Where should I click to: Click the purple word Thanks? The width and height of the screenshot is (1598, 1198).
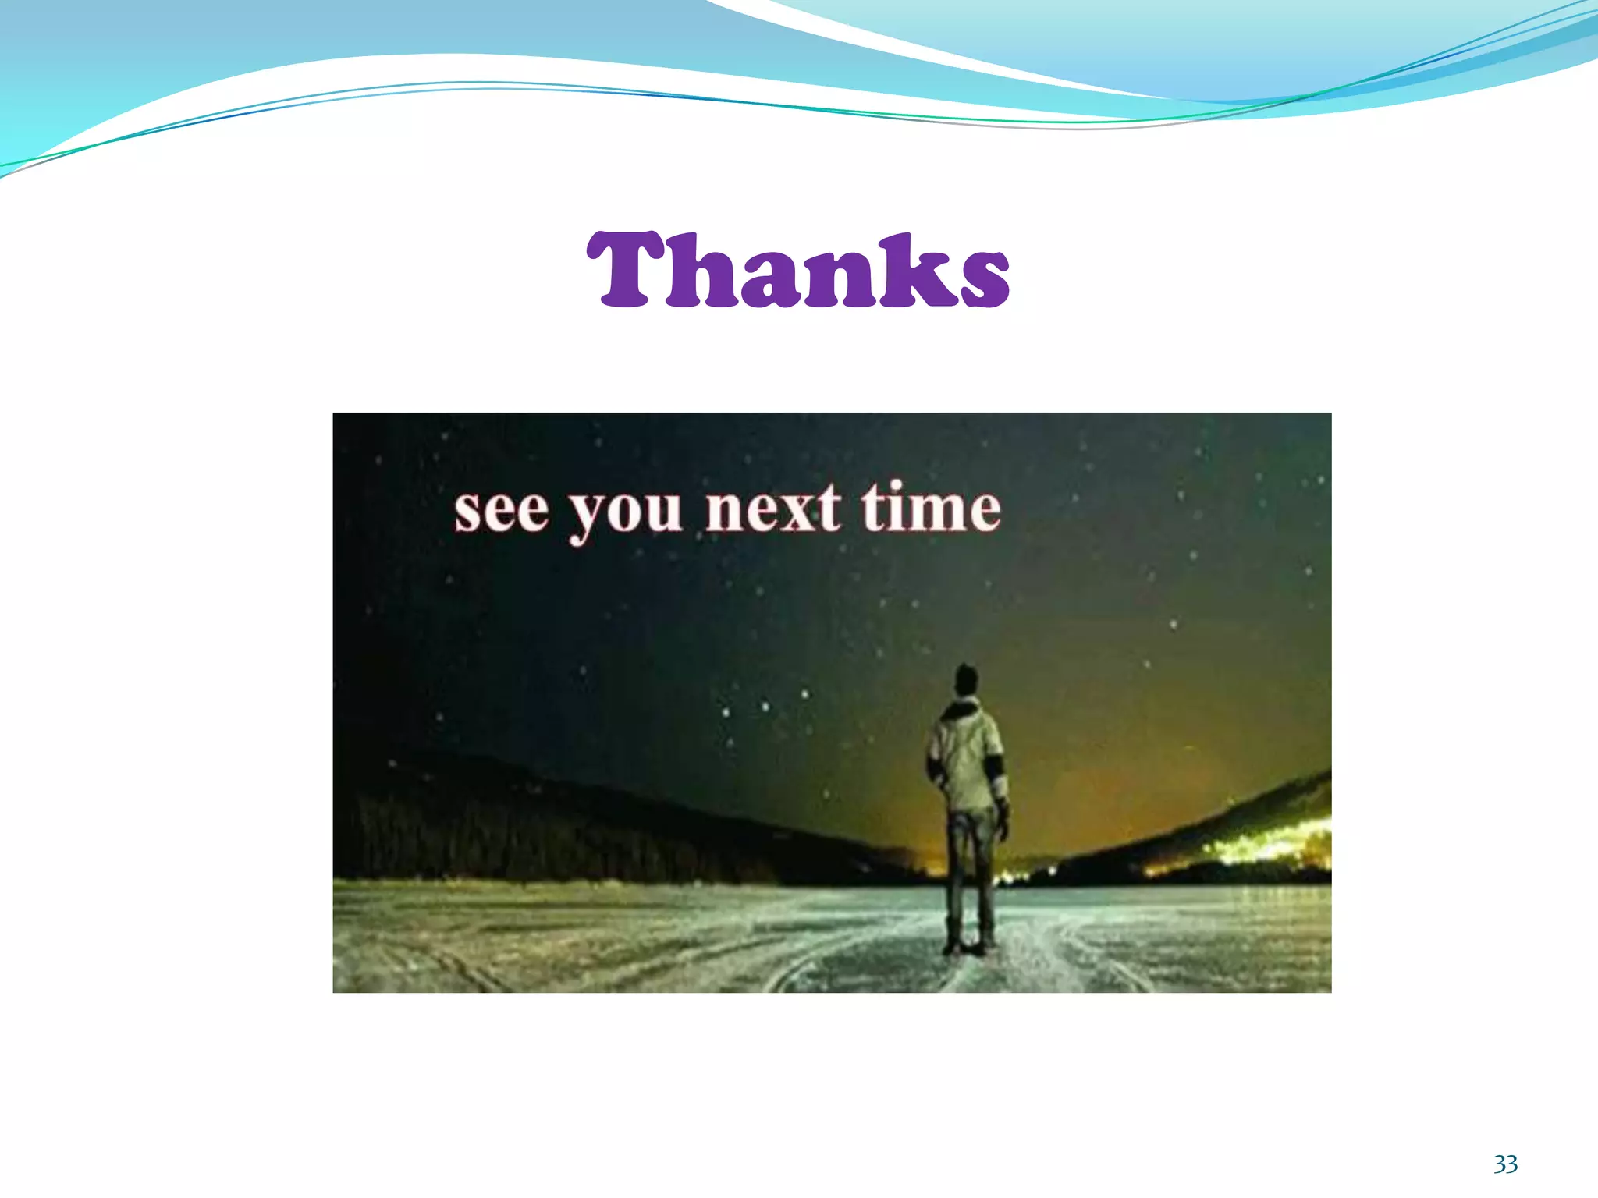coord(798,271)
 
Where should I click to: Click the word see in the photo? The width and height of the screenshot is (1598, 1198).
coord(502,512)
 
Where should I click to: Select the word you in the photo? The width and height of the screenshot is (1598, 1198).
coord(624,515)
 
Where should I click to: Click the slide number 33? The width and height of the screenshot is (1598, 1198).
coord(1505,1165)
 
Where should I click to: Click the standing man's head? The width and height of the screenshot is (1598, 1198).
coord(966,681)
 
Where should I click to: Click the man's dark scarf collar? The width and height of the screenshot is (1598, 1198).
coord(961,710)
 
